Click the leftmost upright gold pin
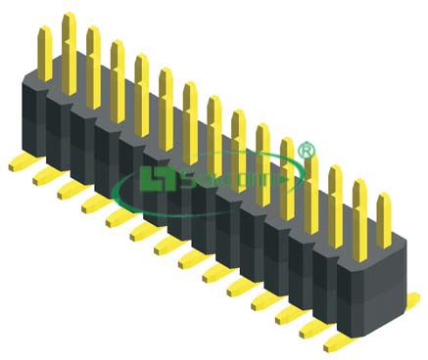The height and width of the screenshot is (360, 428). pyautogui.click(x=44, y=54)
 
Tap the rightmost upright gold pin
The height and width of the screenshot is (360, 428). pyautogui.click(x=384, y=220)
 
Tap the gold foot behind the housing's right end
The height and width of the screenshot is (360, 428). pyautogui.click(x=412, y=299)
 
